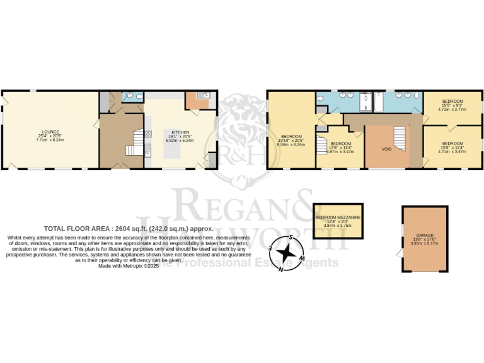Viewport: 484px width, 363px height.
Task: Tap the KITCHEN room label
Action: click(x=172, y=132)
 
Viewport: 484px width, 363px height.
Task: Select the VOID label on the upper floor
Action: click(x=386, y=149)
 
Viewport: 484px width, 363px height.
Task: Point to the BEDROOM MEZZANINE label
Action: click(x=338, y=217)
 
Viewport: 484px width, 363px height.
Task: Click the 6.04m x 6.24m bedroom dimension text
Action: click(x=291, y=144)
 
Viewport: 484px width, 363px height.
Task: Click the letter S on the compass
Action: click(x=292, y=238)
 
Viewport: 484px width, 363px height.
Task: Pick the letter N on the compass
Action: click(x=281, y=268)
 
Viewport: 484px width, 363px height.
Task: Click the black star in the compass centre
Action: click(x=287, y=253)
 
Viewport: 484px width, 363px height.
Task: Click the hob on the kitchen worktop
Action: click(x=147, y=134)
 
